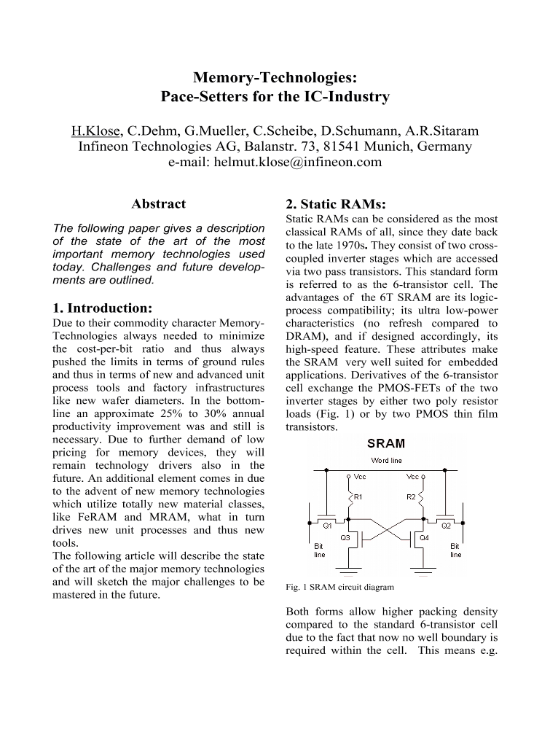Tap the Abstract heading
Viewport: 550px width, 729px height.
click(158, 204)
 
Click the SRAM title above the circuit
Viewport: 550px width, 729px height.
click(385, 443)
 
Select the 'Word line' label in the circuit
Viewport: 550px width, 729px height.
click(385, 460)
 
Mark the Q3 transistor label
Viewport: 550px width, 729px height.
click(346, 537)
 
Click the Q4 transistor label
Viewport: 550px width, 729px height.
click(424, 538)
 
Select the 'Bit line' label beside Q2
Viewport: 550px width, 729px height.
click(455, 550)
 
